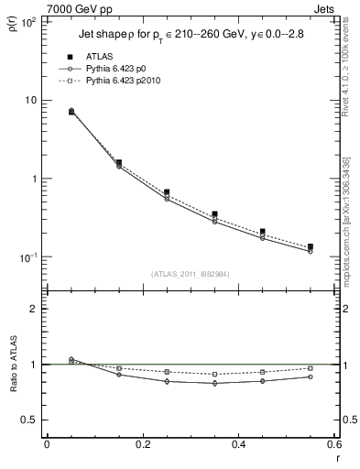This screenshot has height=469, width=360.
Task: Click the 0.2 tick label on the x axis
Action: (x=142, y=445)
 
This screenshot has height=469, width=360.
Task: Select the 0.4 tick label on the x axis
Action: (x=238, y=445)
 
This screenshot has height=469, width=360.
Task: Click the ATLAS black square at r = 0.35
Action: (x=214, y=214)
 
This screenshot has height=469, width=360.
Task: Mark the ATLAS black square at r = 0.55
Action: (x=310, y=246)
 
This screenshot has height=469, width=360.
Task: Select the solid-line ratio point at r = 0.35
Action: (x=214, y=383)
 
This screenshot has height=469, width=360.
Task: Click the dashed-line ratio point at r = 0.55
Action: (x=310, y=368)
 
